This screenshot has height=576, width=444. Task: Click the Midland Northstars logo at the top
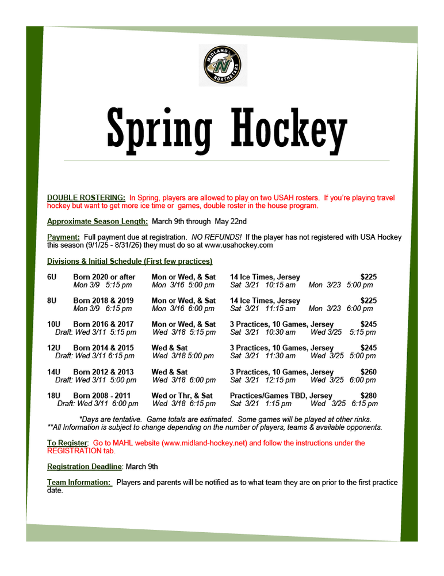click(x=223, y=65)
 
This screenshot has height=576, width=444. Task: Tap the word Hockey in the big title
click(x=289, y=127)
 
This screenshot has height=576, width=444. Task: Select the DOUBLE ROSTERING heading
click(x=86, y=198)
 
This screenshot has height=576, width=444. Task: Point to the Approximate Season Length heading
click(x=97, y=221)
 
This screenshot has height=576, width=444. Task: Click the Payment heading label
click(x=63, y=237)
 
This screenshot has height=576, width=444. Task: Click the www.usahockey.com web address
click(x=239, y=245)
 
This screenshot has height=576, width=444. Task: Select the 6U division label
click(x=52, y=277)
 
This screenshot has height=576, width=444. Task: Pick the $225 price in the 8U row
click(x=368, y=301)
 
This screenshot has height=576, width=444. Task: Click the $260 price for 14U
click(x=368, y=372)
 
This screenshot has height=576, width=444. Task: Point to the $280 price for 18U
click(x=368, y=396)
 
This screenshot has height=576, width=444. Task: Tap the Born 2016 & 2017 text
click(x=104, y=324)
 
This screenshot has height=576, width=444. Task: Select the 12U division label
click(x=53, y=348)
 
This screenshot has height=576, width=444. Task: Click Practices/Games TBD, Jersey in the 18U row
click(x=281, y=396)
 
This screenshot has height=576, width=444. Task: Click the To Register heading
click(x=67, y=443)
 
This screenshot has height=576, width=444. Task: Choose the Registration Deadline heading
click(x=85, y=467)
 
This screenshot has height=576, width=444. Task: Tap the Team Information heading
click(x=79, y=482)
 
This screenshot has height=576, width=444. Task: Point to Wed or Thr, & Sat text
click(x=182, y=396)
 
